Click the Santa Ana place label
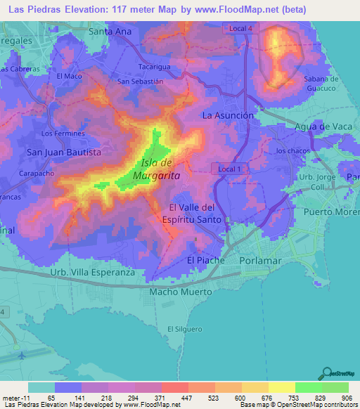pos(110,32)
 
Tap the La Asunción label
pos(228,115)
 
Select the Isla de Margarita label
pos(155,169)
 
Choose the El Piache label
pos(205,261)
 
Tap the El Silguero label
pos(184,329)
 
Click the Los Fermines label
pos(63,133)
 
